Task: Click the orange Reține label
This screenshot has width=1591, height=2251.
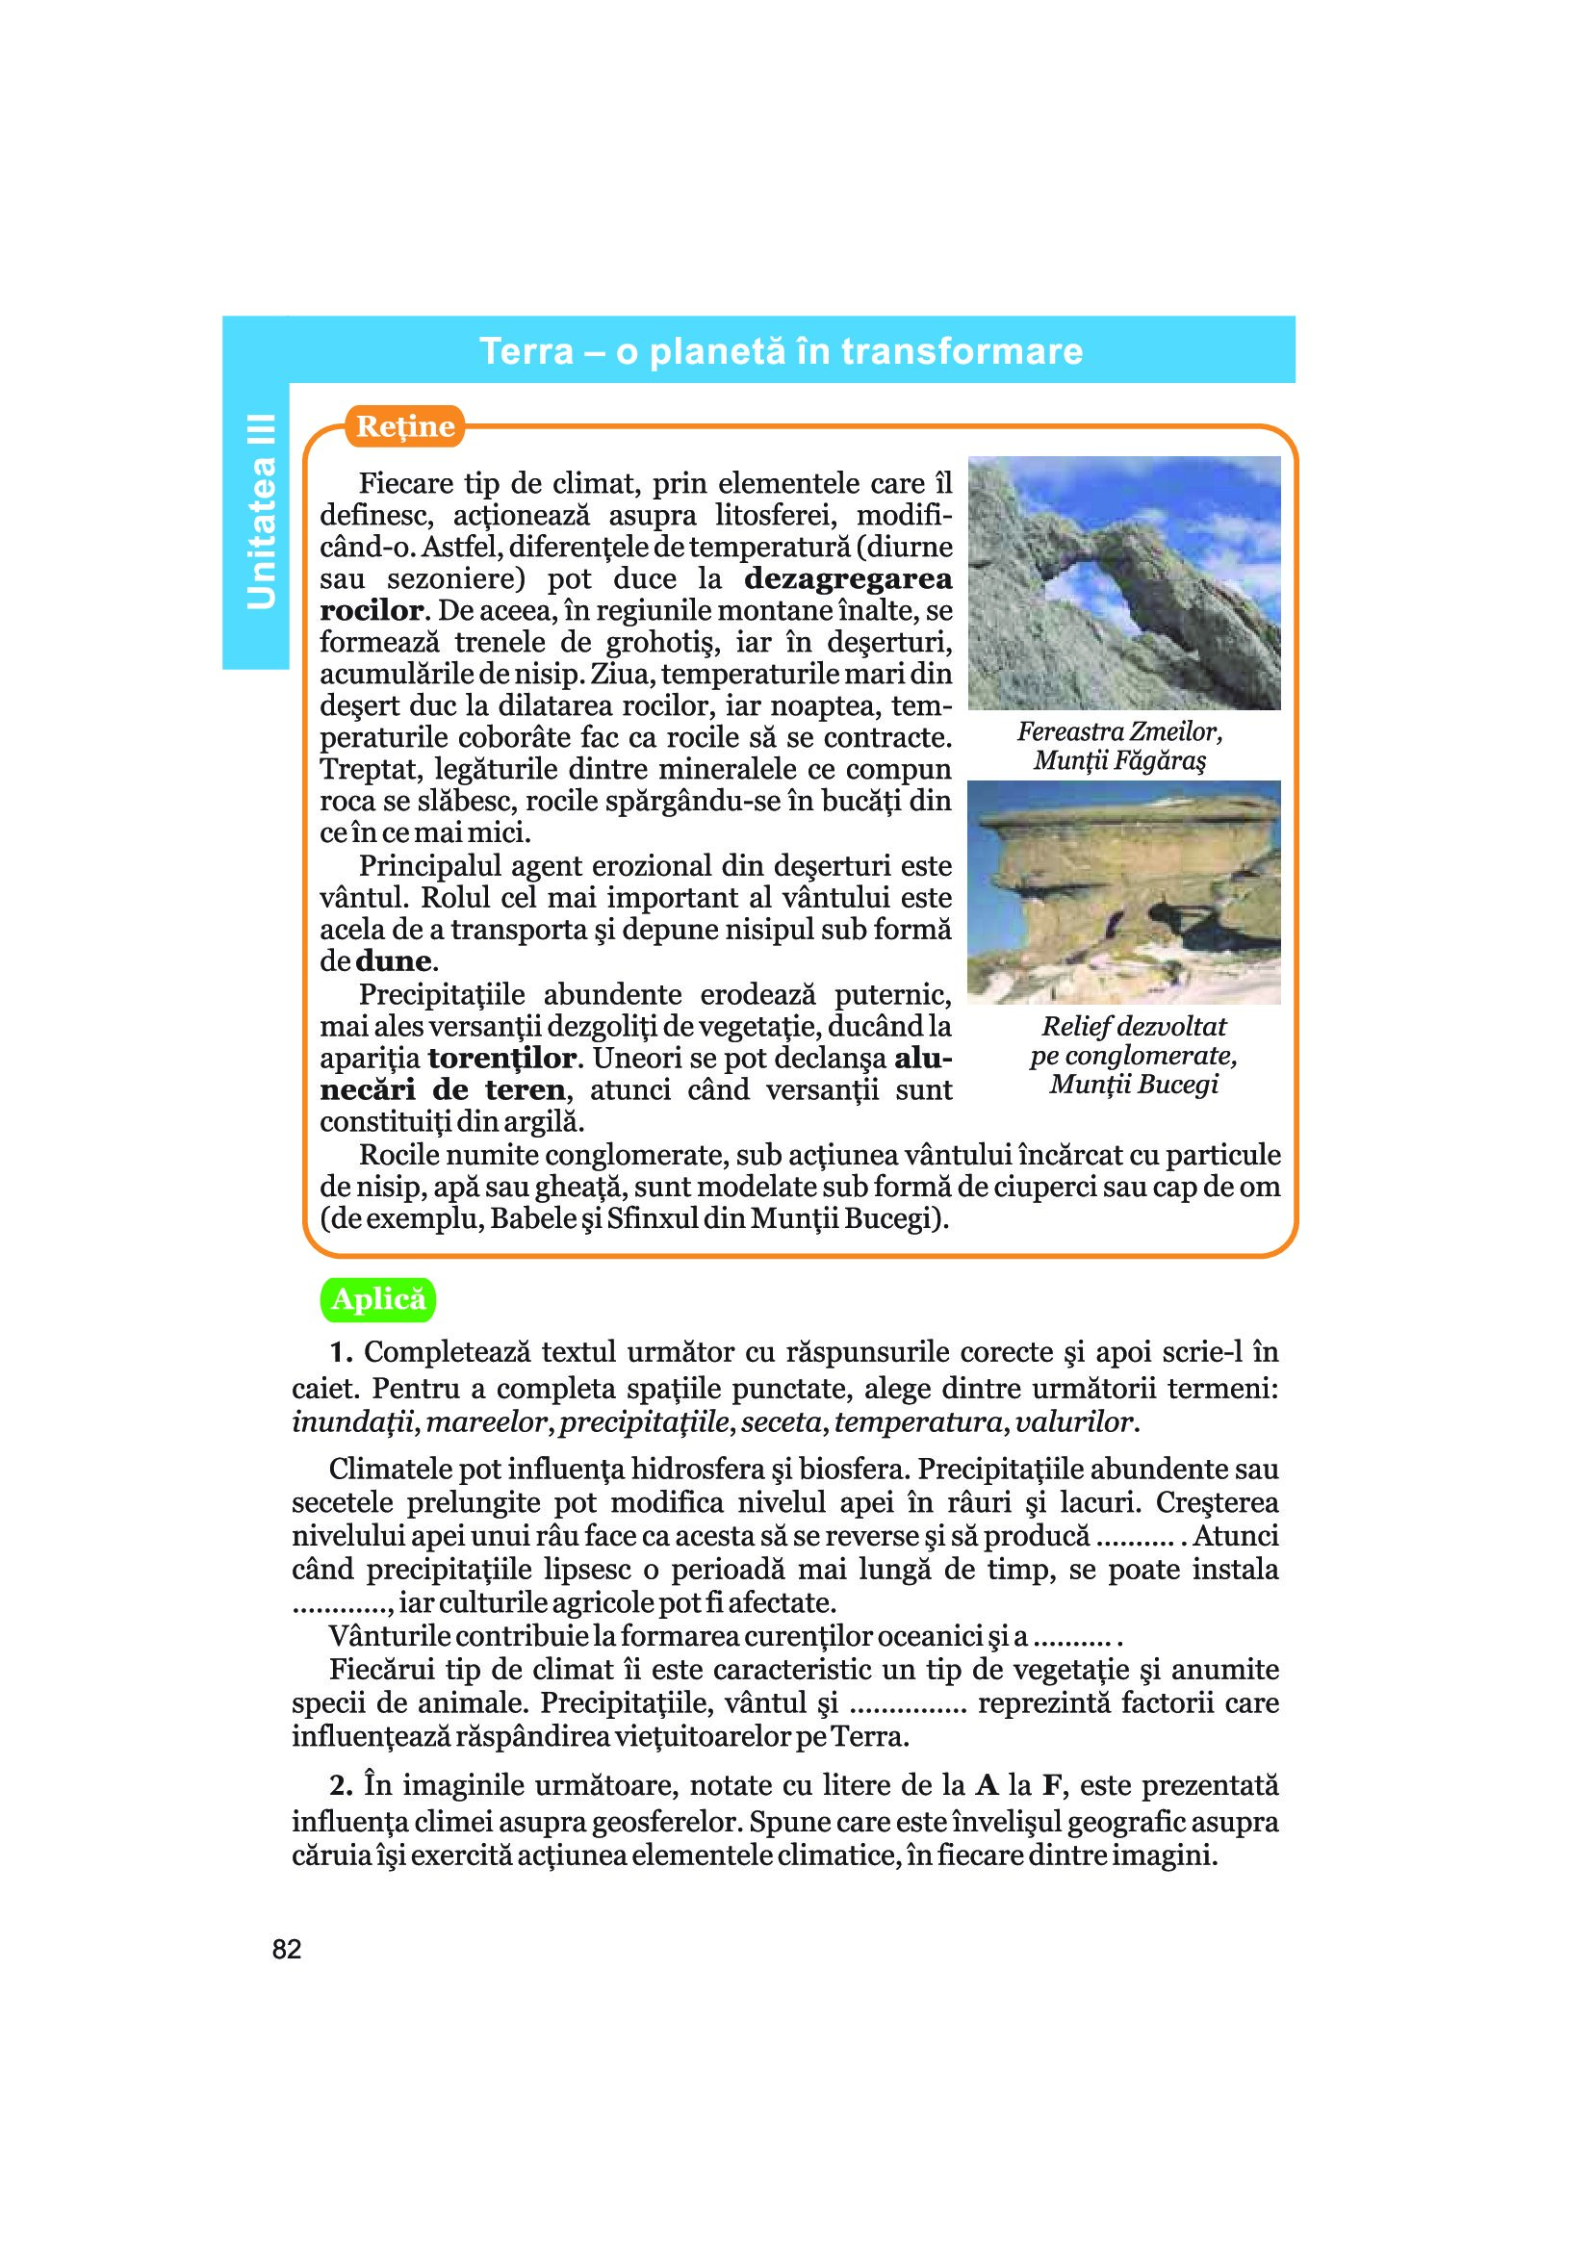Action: (x=405, y=426)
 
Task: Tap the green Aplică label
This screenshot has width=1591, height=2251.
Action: (x=378, y=1300)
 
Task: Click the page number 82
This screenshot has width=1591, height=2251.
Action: (x=286, y=1950)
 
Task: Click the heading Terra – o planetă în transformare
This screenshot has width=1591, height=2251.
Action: (x=781, y=351)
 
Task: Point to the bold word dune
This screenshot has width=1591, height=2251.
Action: (x=393, y=960)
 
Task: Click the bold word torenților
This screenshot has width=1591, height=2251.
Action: (x=501, y=1058)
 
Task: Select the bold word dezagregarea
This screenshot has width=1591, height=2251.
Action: (x=848, y=578)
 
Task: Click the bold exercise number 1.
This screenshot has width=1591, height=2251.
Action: (x=340, y=1352)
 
